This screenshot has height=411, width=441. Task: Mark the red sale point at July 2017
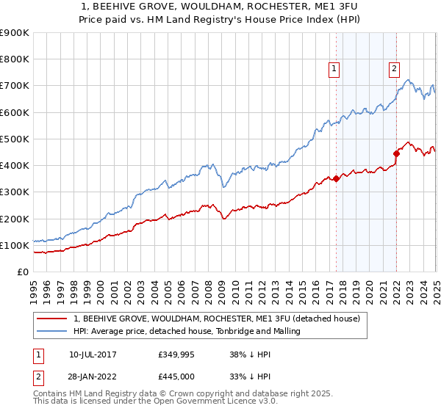pyautogui.click(x=336, y=178)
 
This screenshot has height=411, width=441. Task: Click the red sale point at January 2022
pyautogui.click(x=396, y=153)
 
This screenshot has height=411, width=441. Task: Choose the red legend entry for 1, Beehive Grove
pyautogui.click(x=216, y=319)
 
